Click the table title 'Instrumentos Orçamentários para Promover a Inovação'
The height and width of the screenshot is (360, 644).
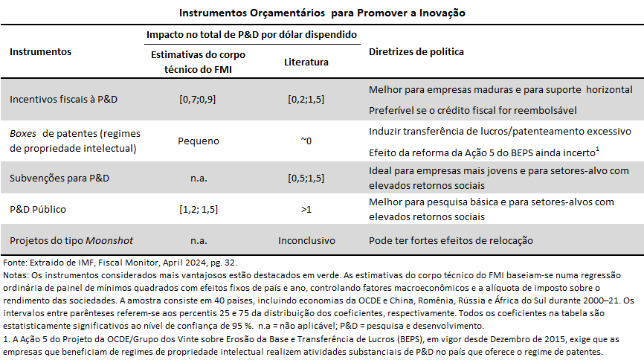pos(323,13)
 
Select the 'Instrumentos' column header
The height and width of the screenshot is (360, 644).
pos(41,52)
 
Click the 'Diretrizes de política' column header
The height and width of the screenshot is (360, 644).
pos(416,52)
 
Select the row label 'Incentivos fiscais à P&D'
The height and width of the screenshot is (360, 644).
pos(63,99)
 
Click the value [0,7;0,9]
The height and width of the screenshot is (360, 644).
pos(198,99)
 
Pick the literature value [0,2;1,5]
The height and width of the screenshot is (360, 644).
pos(306,99)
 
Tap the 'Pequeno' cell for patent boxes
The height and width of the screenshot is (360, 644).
pos(198,139)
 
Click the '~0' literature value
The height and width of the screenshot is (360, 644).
pos(306,139)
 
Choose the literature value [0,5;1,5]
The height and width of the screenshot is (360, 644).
pos(306,179)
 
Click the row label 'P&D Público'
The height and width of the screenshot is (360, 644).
pos(39,210)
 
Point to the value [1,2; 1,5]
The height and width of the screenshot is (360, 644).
pos(198,210)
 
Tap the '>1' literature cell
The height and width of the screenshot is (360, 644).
pos(306,210)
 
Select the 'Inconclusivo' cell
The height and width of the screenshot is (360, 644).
pos(306,241)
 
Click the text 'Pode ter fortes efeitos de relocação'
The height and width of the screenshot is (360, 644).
pos(451,241)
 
